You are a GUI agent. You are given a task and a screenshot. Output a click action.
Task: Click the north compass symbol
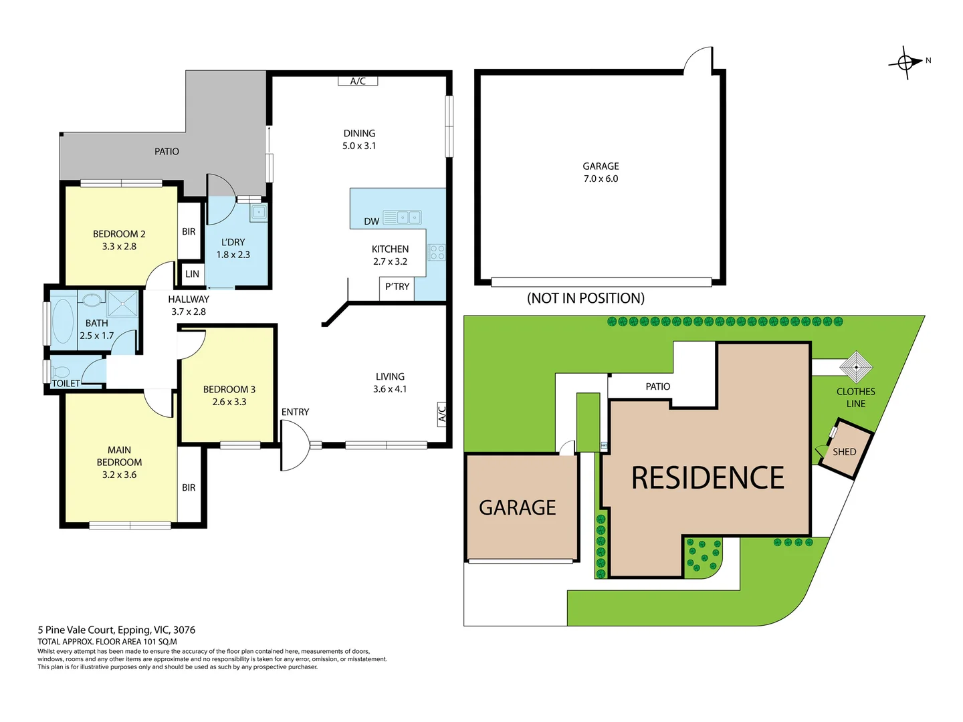906,63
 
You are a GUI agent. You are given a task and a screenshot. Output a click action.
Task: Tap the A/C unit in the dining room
358,81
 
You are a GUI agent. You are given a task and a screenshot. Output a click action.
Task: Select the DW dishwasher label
372,221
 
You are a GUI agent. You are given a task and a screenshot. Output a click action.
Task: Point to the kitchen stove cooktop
437,252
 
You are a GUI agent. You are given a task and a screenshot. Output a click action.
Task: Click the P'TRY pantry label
397,287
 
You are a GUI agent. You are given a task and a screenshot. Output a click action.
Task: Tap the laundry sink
259,213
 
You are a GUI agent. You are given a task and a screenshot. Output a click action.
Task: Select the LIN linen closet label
192,274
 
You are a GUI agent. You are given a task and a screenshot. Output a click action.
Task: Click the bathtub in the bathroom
63,321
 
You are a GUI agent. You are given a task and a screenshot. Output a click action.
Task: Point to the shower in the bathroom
123,304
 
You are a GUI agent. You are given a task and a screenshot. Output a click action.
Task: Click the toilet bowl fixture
61,372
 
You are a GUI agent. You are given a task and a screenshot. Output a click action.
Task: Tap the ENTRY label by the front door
295,412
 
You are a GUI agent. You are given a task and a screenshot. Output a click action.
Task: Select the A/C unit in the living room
441,414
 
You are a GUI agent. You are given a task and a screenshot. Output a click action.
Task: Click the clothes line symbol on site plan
855,366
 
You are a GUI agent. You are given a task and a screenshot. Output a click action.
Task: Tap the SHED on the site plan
845,452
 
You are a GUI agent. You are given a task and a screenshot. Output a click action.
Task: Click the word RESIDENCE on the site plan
708,478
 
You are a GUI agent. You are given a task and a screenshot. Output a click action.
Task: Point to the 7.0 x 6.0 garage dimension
601,179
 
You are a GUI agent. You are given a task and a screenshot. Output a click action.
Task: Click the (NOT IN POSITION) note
586,298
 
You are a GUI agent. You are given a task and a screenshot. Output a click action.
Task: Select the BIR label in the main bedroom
189,488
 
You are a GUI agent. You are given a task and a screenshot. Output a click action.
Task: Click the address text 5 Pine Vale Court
116,630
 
